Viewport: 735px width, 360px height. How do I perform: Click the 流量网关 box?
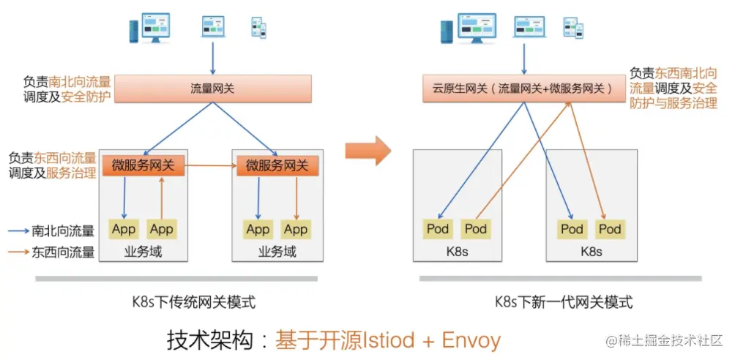pyautogui.click(x=212, y=89)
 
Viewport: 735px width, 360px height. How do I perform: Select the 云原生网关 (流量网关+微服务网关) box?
pyautogui.click(x=521, y=89)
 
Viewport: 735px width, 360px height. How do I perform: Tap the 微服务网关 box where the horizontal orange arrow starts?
pyautogui.click(x=143, y=166)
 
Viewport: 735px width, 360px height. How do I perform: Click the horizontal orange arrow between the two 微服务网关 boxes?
pyautogui.click(x=209, y=166)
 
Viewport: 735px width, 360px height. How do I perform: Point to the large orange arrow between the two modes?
pyautogui.click(x=367, y=151)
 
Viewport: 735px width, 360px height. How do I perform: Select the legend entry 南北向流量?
pyautogui.click(x=63, y=231)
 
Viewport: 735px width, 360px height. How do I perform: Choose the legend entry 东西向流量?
pyautogui.click(x=63, y=252)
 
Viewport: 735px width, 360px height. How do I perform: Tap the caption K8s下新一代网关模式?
pyautogui.click(x=563, y=301)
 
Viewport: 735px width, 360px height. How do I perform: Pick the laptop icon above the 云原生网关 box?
pyautogui.click(x=529, y=26)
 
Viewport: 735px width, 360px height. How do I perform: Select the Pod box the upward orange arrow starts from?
pyautogui.click(x=476, y=229)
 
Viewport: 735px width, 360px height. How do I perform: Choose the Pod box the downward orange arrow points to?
pyautogui.click(x=609, y=229)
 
